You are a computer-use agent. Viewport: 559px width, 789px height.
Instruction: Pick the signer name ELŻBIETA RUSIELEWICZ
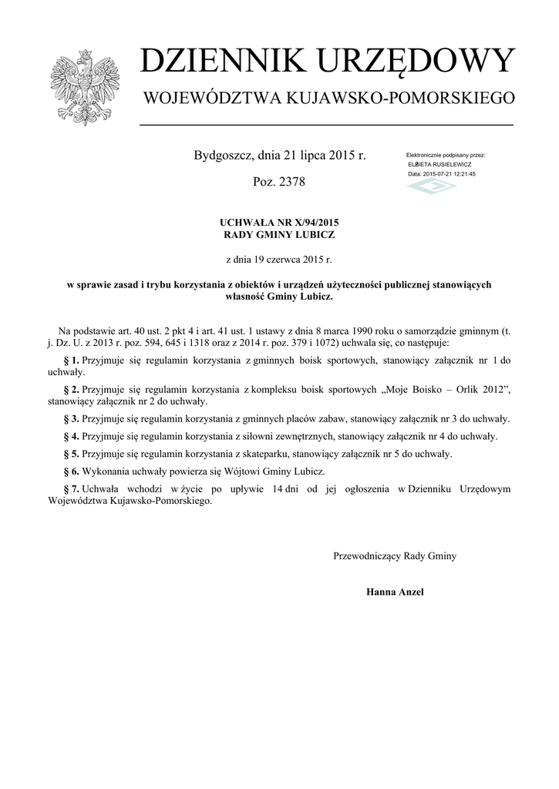[x=439, y=165]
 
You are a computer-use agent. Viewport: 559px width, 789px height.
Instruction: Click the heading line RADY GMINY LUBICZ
[x=279, y=234]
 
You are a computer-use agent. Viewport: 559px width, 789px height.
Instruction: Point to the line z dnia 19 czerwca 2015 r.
[x=279, y=260]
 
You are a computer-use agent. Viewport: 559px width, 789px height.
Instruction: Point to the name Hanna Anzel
[x=395, y=592]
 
